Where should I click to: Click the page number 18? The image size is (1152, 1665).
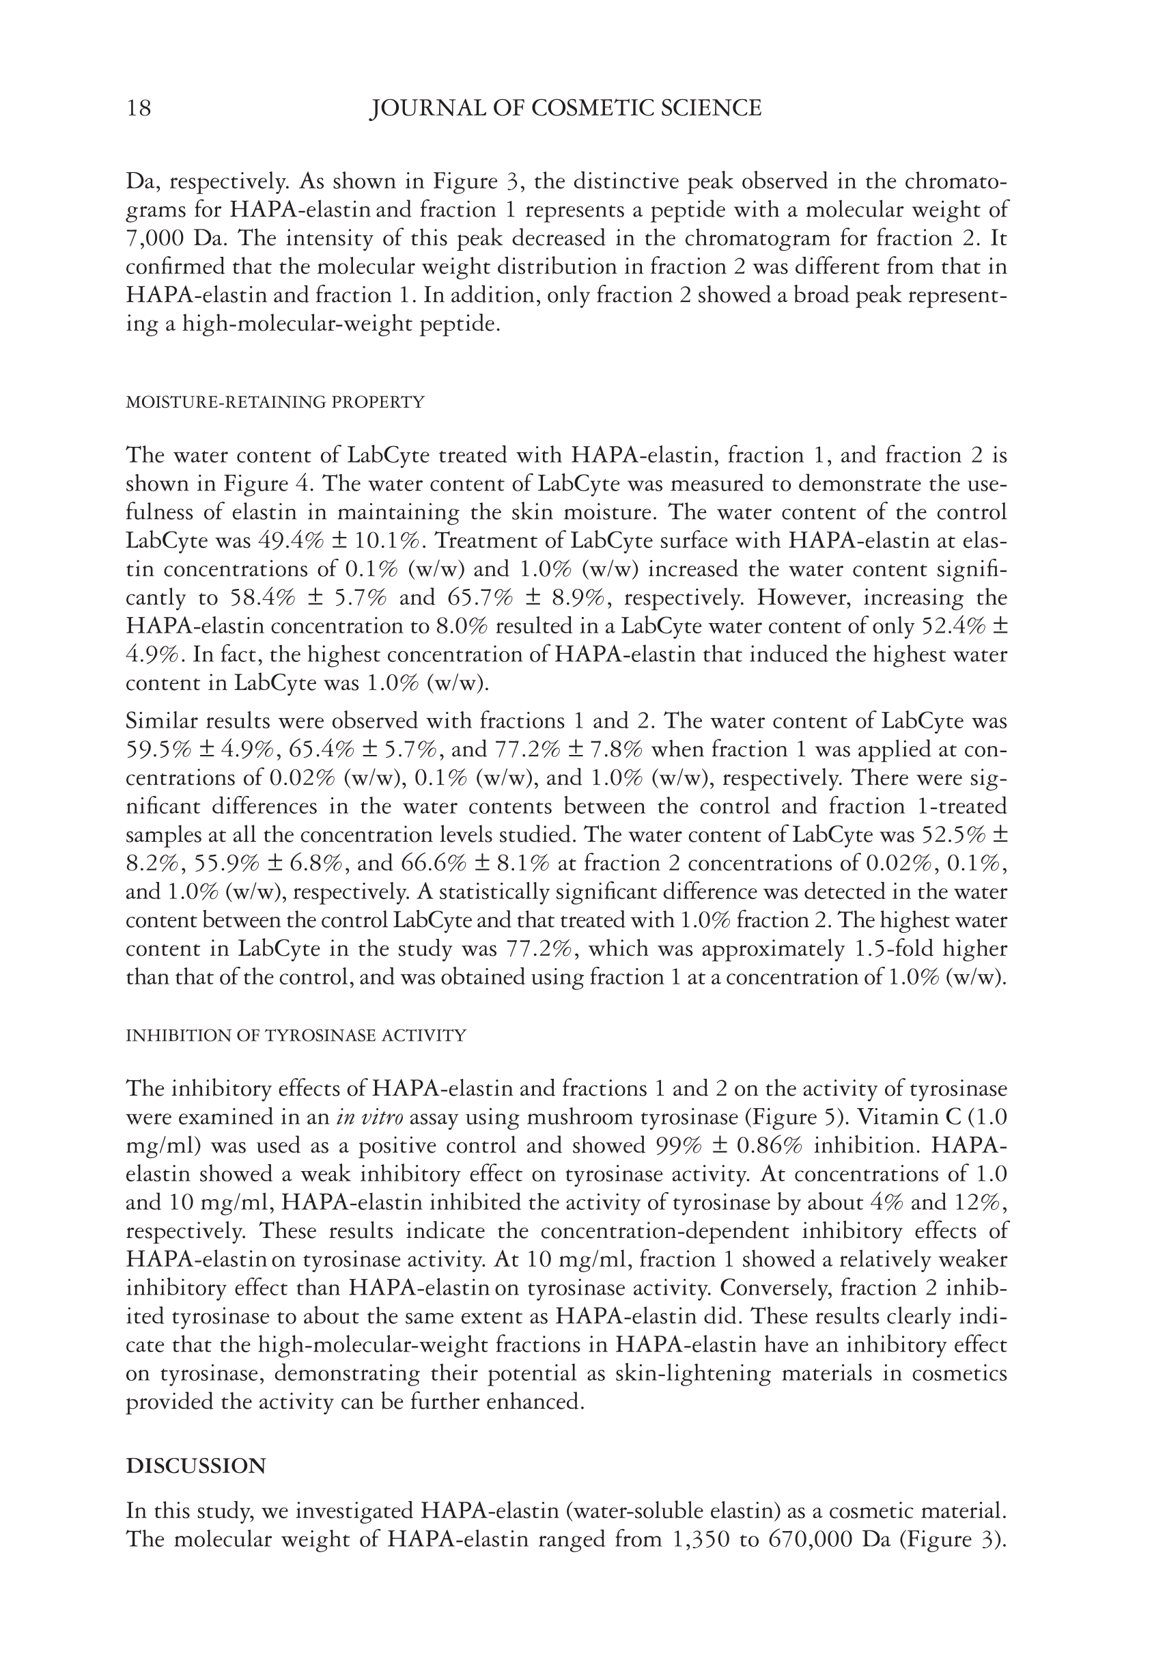139,109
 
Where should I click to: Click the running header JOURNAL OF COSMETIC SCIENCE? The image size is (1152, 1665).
565,109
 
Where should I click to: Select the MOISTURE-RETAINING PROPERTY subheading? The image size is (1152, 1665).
275,402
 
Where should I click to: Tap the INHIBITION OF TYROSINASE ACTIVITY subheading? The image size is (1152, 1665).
296,1035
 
